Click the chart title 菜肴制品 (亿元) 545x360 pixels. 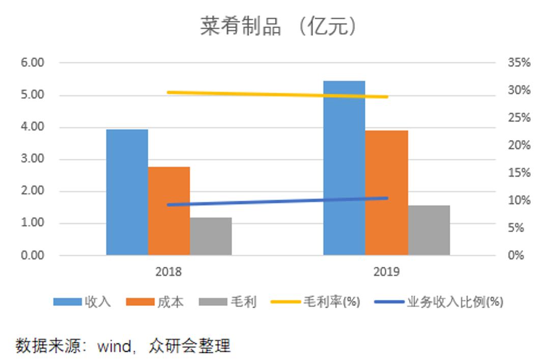278,27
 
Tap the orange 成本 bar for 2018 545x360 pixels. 169,211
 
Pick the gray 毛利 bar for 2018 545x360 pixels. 211,236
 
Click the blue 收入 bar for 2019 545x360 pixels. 344,168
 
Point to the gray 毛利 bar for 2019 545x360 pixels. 429,230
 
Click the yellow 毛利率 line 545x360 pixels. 277,94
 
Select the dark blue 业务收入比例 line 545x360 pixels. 277,202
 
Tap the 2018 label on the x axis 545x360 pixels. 168,272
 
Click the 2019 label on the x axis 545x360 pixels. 386,272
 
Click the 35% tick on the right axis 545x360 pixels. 519,63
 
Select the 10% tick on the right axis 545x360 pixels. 519,201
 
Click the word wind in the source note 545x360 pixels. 114,346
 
